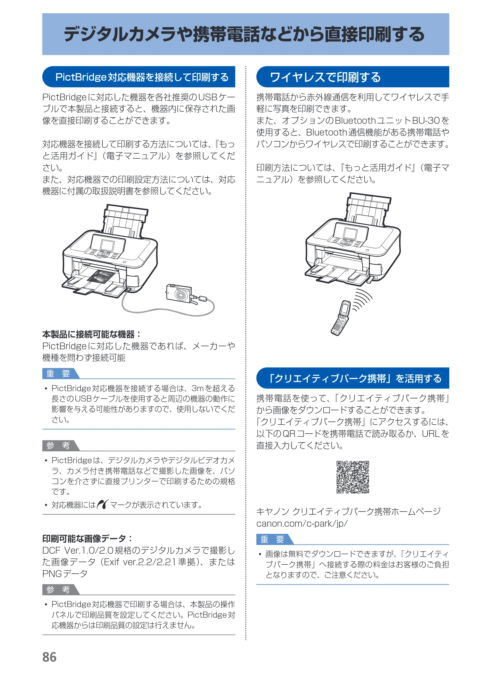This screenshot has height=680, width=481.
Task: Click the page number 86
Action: pos(50,657)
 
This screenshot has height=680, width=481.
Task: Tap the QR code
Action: pos(353,477)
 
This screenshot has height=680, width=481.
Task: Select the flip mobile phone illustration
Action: pos(341,318)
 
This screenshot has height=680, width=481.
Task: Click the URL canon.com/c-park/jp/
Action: pos(302,524)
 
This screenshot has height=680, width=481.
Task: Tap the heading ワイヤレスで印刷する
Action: pos(325,77)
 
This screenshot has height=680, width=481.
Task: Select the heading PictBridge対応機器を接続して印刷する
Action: pos(142,77)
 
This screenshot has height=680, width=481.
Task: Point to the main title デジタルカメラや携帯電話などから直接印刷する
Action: pos(244,34)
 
